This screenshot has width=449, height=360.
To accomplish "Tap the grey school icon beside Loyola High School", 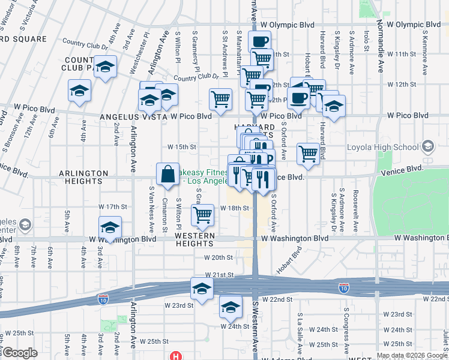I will click(x=427, y=146).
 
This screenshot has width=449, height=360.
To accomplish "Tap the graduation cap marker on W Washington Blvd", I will click(x=110, y=229).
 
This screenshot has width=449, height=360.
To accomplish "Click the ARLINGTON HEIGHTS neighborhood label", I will click(x=83, y=173).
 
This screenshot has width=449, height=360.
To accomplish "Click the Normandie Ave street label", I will click(x=380, y=49).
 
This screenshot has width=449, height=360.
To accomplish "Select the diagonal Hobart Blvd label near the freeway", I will click(x=288, y=260).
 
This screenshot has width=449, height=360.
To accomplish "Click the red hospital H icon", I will click(x=175, y=355).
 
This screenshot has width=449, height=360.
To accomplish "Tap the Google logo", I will click(x=20, y=353).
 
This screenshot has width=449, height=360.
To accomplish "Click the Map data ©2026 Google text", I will click(x=411, y=355).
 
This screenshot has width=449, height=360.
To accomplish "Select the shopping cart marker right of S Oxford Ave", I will click(x=309, y=153).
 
